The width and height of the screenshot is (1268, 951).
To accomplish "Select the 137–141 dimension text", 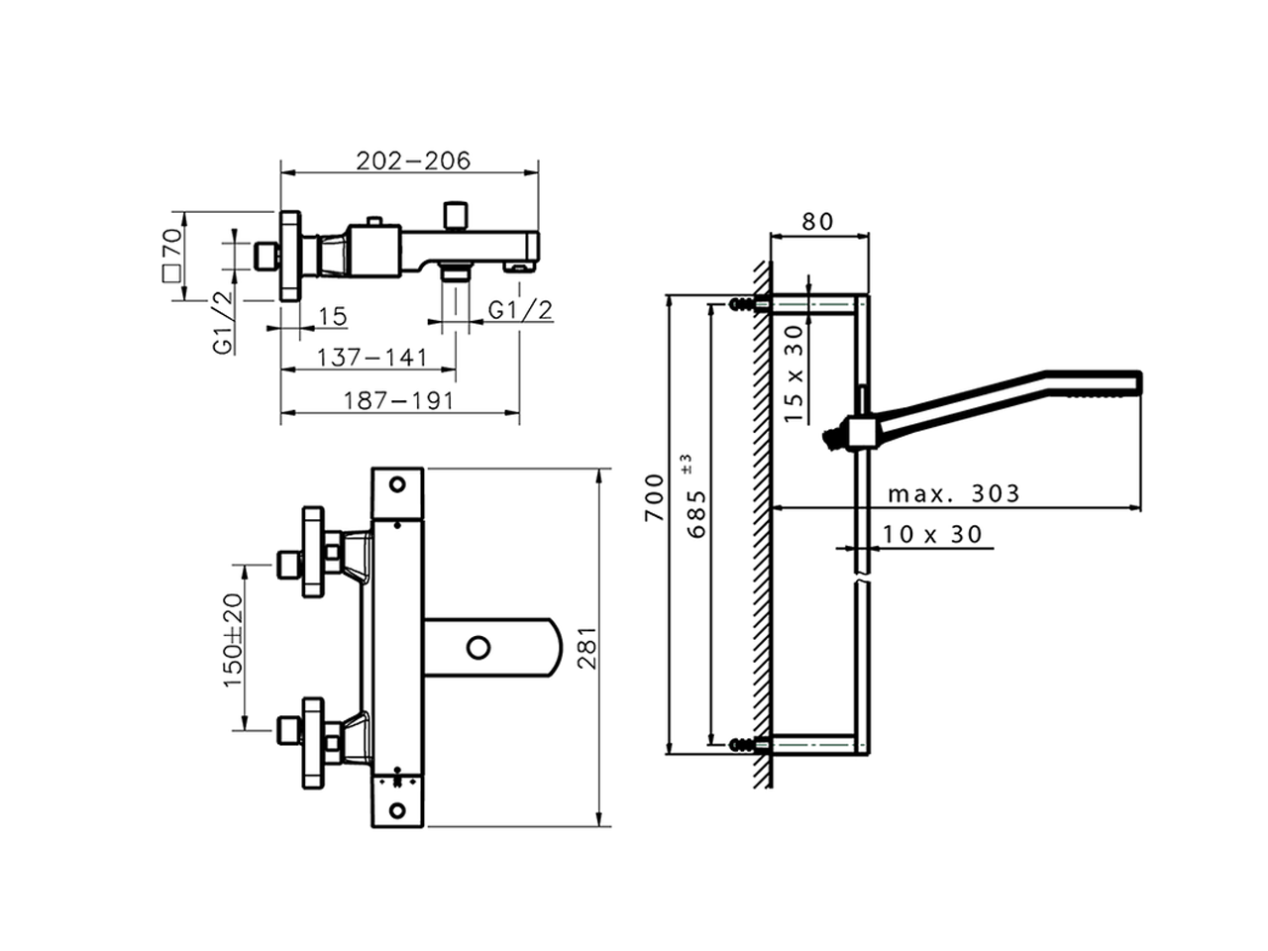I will (x=370, y=357).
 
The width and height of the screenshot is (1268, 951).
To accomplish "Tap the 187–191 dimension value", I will (x=398, y=400).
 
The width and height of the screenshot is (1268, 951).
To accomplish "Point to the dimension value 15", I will (x=333, y=316).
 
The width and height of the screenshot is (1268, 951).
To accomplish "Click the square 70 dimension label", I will (x=170, y=256).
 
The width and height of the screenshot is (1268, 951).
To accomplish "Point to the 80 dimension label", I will (x=817, y=221).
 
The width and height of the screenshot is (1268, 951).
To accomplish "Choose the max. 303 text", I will (x=952, y=493).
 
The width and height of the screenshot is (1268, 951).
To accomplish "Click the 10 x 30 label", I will (x=932, y=534).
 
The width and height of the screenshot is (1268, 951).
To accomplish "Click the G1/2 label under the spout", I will (x=521, y=310).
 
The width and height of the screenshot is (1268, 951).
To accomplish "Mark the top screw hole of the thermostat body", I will (x=398, y=485).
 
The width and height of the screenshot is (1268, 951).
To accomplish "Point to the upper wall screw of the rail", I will (x=742, y=304).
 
